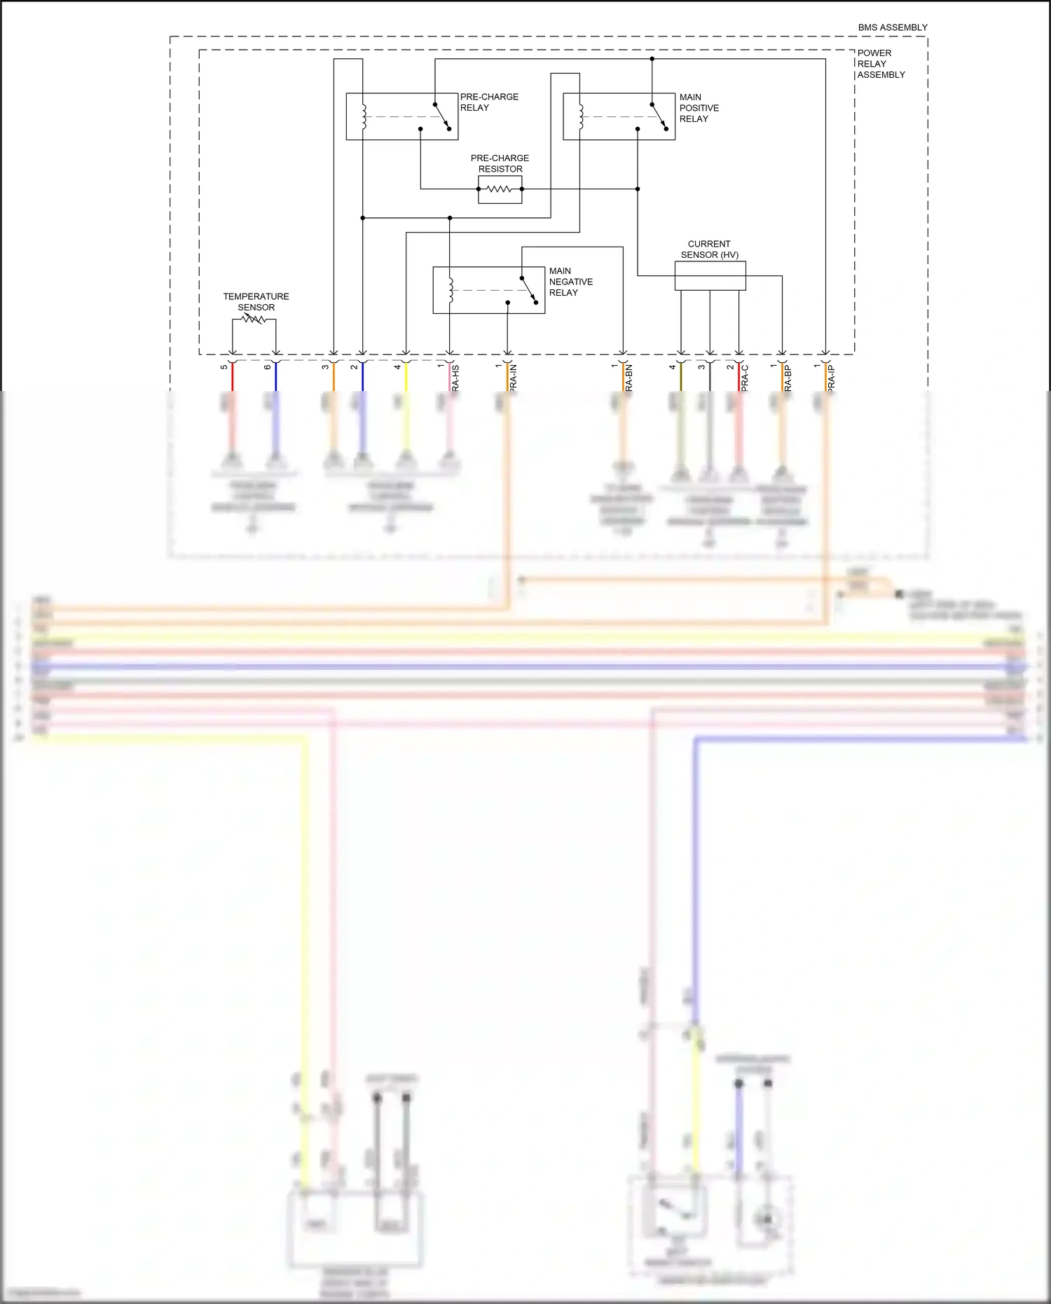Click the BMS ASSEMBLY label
click(892, 27)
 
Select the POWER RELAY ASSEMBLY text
click(880, 64)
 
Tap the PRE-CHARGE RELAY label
click(489, 102)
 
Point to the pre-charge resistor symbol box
click(500, 189)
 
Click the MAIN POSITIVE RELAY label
click(699, 108)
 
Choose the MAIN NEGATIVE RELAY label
click(570, 282)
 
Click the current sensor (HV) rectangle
click(710, 275)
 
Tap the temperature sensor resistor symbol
click(254, 320)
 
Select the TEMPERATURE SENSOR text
click(256, 302)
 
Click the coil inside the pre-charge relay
click(364, 117)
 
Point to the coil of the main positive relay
click(581, 117)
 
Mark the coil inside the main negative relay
click(451, 290)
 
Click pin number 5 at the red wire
click(224, 367)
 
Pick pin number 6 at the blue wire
click(268, 367)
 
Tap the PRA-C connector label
click(745, 378)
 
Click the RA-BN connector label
click(628, 378)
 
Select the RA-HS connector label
click(455, 378)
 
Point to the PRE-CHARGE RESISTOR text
click(500, 163)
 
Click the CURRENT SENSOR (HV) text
click(709, 249)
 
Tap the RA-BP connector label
click(788, 378)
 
